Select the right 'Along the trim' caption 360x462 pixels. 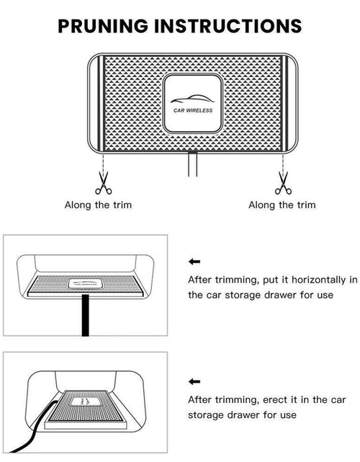pos(282,205)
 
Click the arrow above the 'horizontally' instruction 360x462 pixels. pos(194,262)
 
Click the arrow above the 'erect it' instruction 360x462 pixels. pos(194,381)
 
